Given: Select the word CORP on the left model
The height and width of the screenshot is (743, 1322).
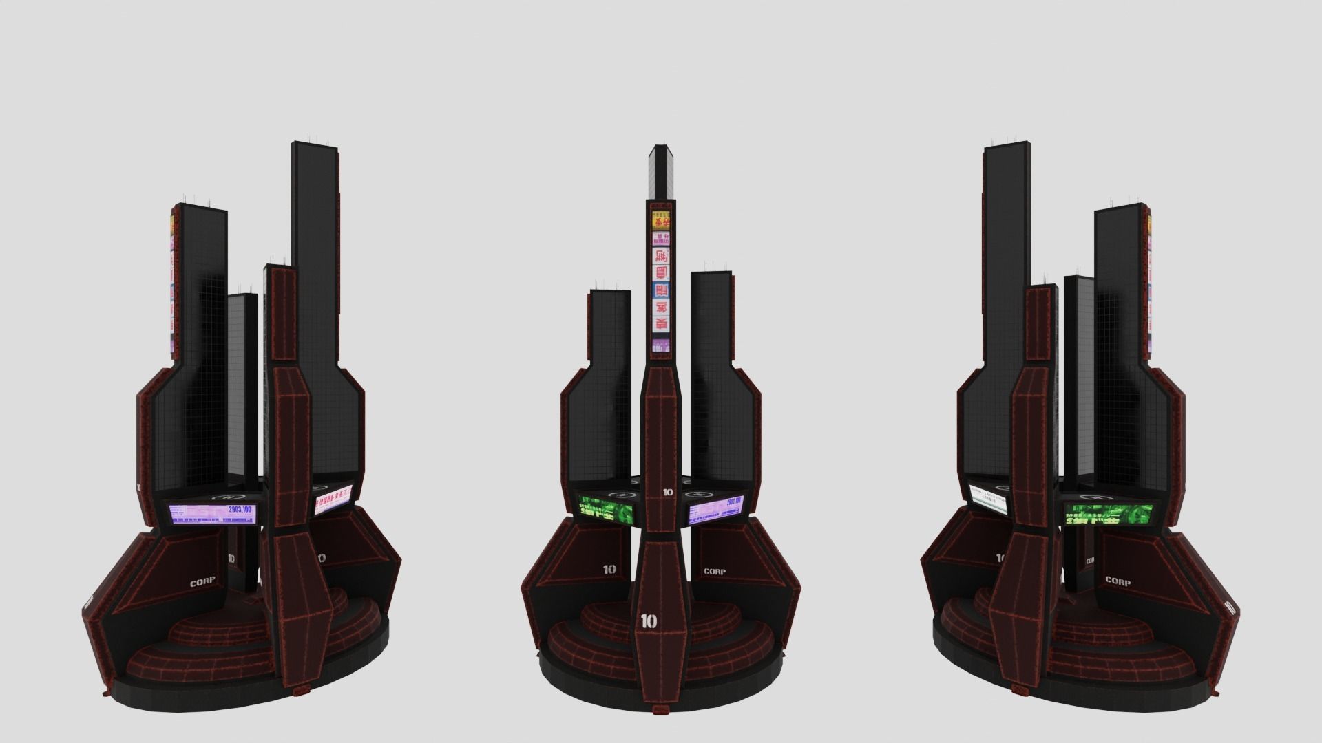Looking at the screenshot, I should coord(202,582).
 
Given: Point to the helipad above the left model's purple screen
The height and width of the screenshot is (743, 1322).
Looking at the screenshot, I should coord(225,497).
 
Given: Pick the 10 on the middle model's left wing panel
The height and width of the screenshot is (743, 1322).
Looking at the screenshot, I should coord(609,569).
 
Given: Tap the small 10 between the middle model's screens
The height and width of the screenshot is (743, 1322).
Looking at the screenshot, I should coord(667,492).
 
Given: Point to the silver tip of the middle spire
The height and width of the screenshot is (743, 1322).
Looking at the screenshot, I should coord(661,151).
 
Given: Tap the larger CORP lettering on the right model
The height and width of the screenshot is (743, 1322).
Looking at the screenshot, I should coord(1118,581).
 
